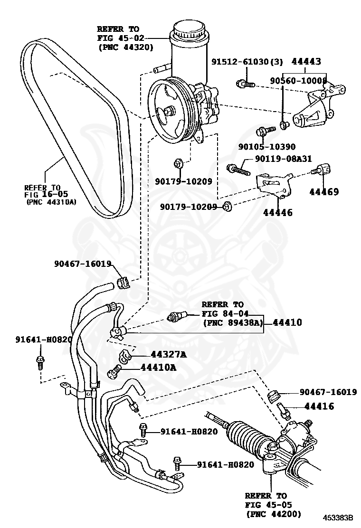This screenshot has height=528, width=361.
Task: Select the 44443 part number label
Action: pyautogui.click(x=306, y=61)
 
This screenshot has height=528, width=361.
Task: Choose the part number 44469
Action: pyautogui.click(x=324, y=192)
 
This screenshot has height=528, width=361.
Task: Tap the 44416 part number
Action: pyautogui.click(x=319, y=406)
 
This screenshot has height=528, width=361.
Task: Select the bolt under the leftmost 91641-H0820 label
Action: pyautogui.click(x=40, y=362)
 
